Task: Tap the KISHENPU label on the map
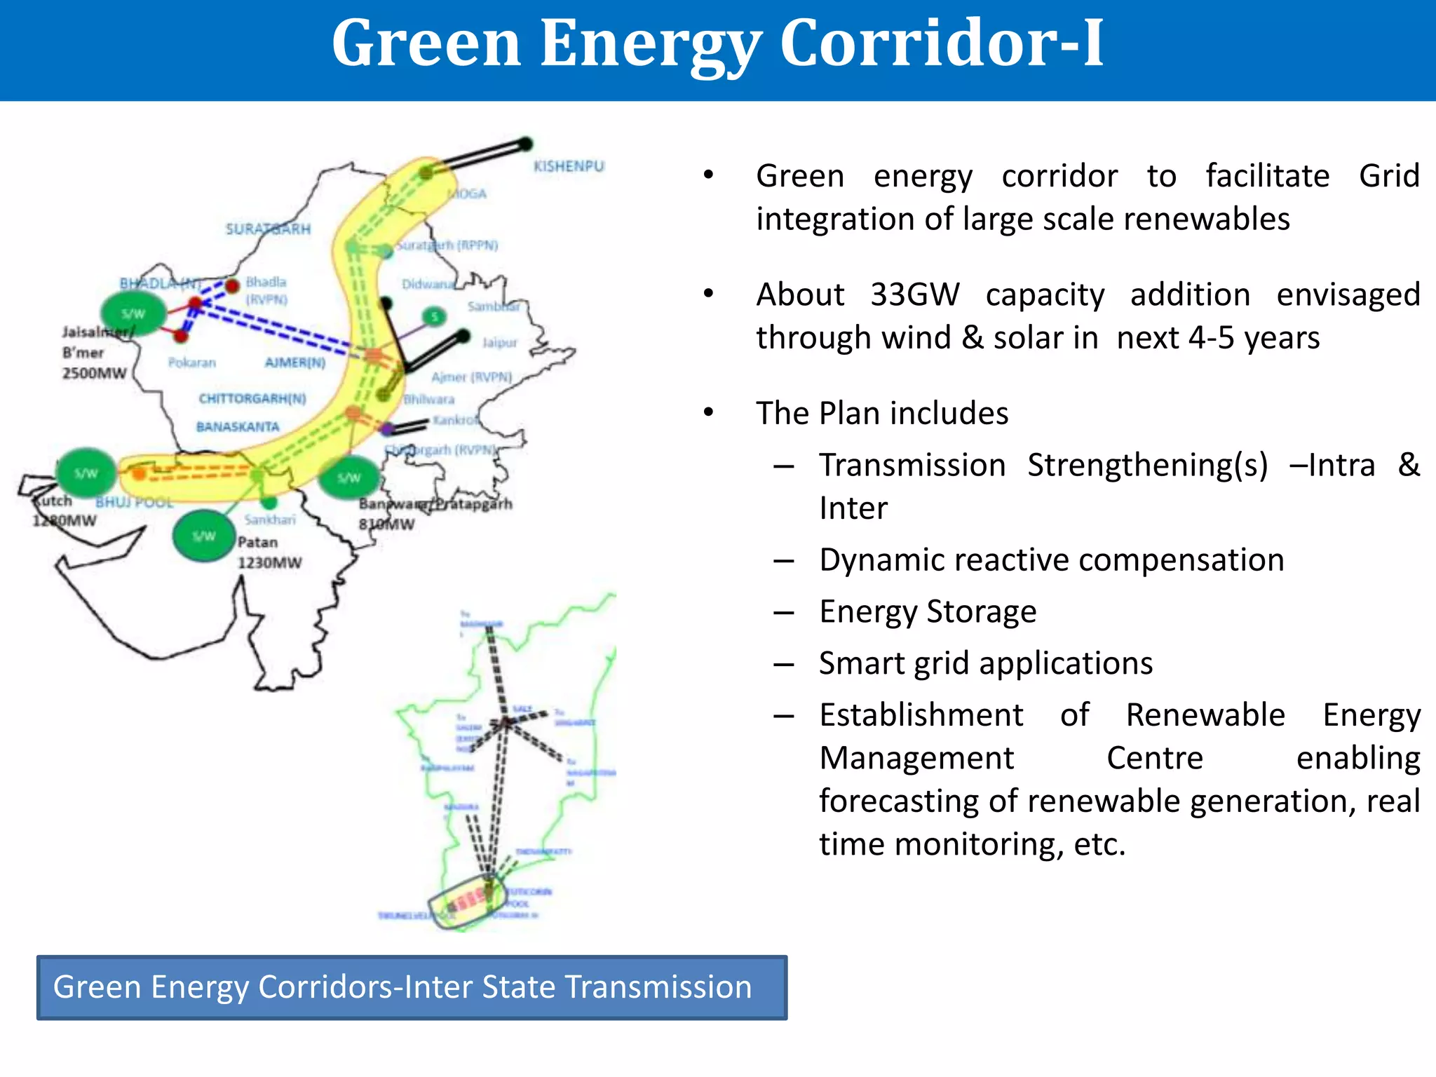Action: [x=568, y=166]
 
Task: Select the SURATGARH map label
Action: [x=267, y=229]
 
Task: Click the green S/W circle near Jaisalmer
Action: [x=133, y=313]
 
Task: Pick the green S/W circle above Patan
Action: [x=204, y=536]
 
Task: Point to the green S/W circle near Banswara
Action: [x=348, y=477]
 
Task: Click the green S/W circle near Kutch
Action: [x=86, y=473]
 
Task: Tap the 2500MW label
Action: [x=94, y=373]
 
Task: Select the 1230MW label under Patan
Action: [x=269, y=562]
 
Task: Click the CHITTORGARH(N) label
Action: [x=252, y=398]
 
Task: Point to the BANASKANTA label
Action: [x=238, y=426]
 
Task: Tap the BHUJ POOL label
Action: [x=134, y=502]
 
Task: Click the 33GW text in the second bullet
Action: [x=914, y=294]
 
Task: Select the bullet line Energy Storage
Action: [x=927, y=611]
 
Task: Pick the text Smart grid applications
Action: [x=985, y=663]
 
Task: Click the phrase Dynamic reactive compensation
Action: [x=1051, y=560]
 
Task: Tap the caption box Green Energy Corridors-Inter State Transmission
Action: [x=412, y=987]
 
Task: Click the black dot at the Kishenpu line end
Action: [x=525, y=144]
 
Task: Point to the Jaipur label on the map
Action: [x=499, y=343]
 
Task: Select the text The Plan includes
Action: [x=881, y=414]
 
